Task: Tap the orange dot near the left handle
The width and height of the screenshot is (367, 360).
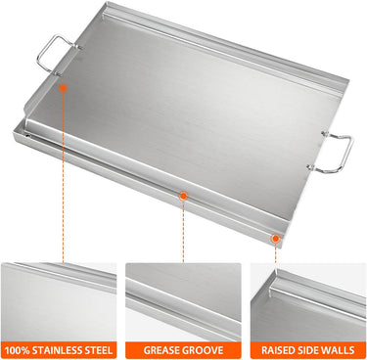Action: point(64,88)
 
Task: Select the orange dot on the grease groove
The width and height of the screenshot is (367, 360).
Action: point(183,196)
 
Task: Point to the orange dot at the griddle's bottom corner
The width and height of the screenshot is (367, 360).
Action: point(276,239)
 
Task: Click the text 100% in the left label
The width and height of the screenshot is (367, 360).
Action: point(17,350)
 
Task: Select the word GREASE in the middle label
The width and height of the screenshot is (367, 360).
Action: point(161,350)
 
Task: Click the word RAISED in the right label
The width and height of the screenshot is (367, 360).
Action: point(276,350)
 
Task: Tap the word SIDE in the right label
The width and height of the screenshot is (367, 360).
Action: point(304,350)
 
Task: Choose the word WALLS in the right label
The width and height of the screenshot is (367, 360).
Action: point(337,350)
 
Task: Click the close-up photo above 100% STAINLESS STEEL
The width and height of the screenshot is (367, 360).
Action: point(59,302)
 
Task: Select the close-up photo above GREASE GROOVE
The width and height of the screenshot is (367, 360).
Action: point(183,302)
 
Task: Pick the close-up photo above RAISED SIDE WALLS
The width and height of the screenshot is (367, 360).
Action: point(308,302)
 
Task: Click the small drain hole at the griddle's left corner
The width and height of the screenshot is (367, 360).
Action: point(28,135)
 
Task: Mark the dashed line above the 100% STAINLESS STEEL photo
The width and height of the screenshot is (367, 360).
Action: point(64,177)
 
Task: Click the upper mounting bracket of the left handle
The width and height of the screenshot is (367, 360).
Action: point(77,47)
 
